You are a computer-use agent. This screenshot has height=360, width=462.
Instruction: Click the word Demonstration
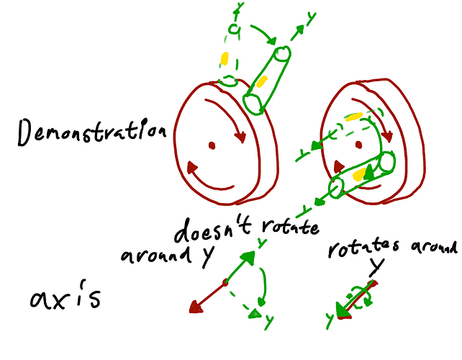(92, 132)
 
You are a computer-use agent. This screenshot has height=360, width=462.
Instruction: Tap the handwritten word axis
(65, 296)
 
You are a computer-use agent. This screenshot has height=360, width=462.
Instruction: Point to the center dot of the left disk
(212, 145)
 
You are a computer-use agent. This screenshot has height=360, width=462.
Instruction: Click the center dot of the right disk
(358, 145)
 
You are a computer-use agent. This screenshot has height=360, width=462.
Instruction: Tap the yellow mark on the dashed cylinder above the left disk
(225, 58)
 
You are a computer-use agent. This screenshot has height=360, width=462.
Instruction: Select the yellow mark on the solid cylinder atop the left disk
(261, 81)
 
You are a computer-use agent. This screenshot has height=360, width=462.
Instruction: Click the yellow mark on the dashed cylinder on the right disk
(353, 117)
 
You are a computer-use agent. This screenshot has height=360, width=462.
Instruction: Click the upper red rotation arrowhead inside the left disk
(240, 137)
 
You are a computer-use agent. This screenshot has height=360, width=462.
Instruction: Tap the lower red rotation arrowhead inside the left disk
(192, 167)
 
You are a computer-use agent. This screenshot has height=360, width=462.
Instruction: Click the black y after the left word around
(207, 255)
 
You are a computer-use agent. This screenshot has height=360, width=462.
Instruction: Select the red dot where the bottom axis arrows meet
(225, 283)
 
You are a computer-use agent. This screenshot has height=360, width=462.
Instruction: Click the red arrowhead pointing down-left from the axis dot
(196, 307)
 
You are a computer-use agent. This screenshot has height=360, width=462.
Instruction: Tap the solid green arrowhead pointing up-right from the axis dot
(248, 257)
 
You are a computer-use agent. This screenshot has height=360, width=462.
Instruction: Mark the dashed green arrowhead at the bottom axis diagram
(255, 314)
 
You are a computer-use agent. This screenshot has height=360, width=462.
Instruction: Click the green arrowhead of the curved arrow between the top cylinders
(271, 41)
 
